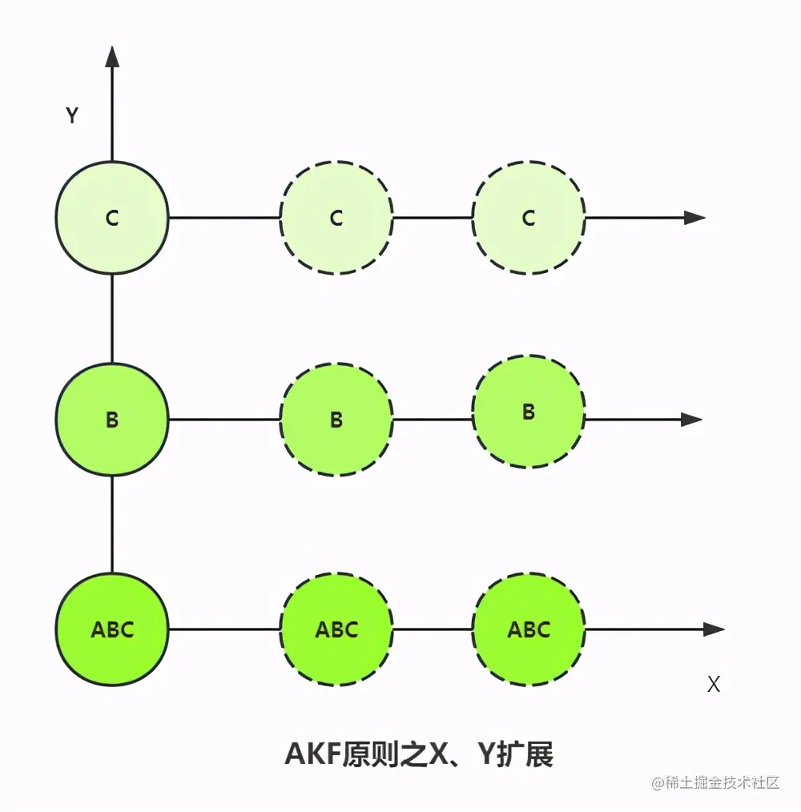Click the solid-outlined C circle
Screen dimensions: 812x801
point(112,217)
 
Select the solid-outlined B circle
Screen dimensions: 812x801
point(112,419)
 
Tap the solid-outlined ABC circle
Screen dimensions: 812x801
point(112,629)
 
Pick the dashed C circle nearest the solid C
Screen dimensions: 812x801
point(336,217)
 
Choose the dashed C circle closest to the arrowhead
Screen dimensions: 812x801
point(529,217)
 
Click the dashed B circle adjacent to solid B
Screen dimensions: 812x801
point(336,419)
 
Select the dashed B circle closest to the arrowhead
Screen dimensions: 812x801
point(529,412)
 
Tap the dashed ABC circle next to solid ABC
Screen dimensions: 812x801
point(336,629)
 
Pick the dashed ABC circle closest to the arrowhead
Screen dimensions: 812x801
point(529,629)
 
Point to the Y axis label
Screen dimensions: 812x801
point(72,116)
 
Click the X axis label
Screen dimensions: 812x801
point(714,685)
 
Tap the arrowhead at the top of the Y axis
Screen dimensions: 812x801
point(112,56)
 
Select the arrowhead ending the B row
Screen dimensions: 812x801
point(691,419)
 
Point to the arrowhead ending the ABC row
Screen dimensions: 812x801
point(714,629)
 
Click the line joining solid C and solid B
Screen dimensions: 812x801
point(112,318)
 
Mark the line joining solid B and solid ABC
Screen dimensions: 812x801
point(112,524)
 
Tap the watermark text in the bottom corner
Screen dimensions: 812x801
point(715,782)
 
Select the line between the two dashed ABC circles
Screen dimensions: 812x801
point(433,629)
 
